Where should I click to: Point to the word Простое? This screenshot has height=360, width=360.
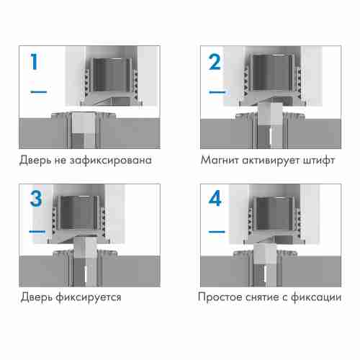[x=224, y=297]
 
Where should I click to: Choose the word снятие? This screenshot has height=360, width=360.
[x=272, y=297]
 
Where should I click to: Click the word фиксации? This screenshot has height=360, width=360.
[x=321, y=297]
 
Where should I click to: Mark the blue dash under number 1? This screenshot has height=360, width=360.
[x=38, y=92]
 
